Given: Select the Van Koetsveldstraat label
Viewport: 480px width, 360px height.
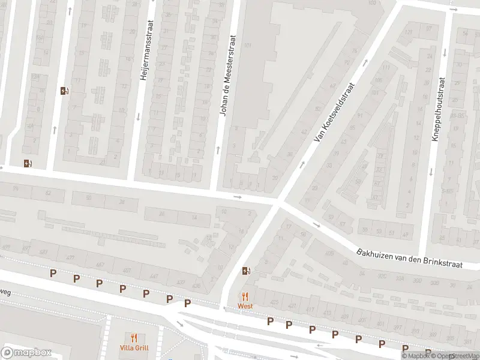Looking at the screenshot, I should [335, 112].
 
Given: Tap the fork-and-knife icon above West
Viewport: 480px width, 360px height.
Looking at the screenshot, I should [245, 296].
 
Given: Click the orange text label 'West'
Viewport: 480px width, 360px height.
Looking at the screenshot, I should [245, 306].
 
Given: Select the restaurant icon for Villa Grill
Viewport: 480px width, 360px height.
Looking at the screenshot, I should [134, 338].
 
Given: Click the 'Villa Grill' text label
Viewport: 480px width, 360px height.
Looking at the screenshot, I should [134, 348].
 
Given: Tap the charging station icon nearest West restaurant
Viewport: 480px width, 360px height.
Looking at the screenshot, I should [245, 271].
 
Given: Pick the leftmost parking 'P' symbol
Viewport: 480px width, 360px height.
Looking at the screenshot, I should [53, 274].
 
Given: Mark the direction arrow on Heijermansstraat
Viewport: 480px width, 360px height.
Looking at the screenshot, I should [137, 116].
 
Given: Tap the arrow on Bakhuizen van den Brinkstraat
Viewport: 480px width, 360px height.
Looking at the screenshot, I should [316, 226].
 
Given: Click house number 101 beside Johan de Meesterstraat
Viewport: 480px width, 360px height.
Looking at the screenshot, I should [247, 46].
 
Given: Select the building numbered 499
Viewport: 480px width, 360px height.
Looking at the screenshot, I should [7, 247].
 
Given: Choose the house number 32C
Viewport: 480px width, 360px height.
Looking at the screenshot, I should [382, 277].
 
